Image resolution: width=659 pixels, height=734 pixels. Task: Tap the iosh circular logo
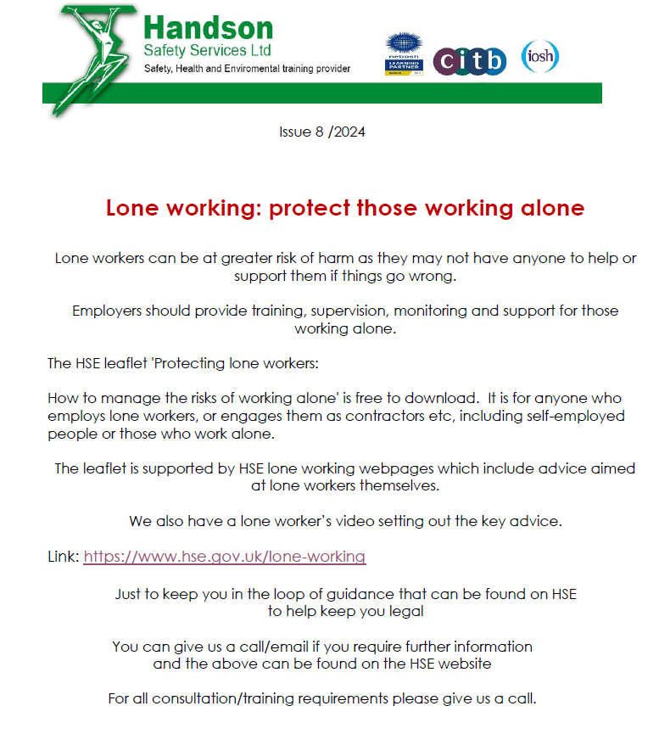(x=539, y=57)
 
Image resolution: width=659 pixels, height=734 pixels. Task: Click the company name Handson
(x=208, y=30)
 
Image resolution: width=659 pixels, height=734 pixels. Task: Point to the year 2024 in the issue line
(x=348, y=132)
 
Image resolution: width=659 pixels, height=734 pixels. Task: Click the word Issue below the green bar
(x=295, y=132)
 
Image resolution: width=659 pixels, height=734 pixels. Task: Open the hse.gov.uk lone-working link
(x=224, y=558)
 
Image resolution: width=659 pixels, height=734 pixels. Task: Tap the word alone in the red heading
(x=550, y=208)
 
